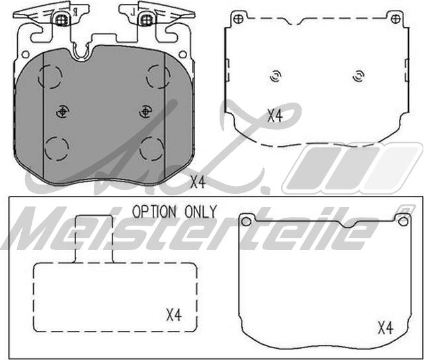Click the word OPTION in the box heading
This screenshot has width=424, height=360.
(154, 212)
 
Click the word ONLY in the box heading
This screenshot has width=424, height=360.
(200, 212)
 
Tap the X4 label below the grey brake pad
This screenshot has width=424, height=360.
(198, 182)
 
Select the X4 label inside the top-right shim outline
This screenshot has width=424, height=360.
(275, 116)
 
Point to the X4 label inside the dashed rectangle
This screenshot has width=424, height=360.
(173, 315)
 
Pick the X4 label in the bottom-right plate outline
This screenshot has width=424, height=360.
(386, 328)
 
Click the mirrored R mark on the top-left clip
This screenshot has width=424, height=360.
(75, 12)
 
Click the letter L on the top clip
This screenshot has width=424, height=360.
(133, 12)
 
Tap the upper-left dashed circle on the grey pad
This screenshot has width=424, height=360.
(50, 76)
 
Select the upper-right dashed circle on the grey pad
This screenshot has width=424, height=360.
(158, 76)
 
